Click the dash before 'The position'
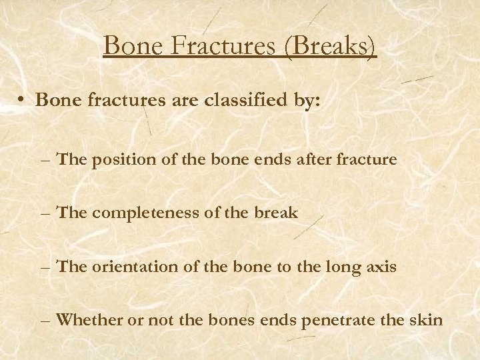click(x=47, y=160)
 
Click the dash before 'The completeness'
click(x=47, y=214)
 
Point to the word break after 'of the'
click(x=279, y=213)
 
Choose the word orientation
click(x=127, y=267)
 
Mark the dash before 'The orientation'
click(x=47, y=268)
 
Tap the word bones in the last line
click(x=227, y=321)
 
